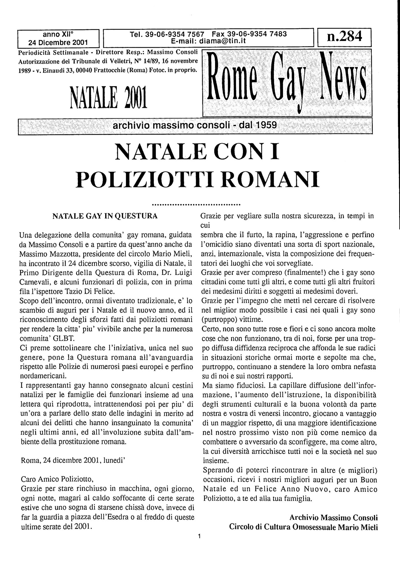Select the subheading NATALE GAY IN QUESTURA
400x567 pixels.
tap(105, 216)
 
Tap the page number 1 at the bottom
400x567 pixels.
tap(199, 536)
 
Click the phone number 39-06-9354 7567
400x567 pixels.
tap(175, 34)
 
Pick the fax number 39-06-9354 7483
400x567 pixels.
tap(256, 34)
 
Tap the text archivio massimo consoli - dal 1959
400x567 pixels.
tap(195, 125)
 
